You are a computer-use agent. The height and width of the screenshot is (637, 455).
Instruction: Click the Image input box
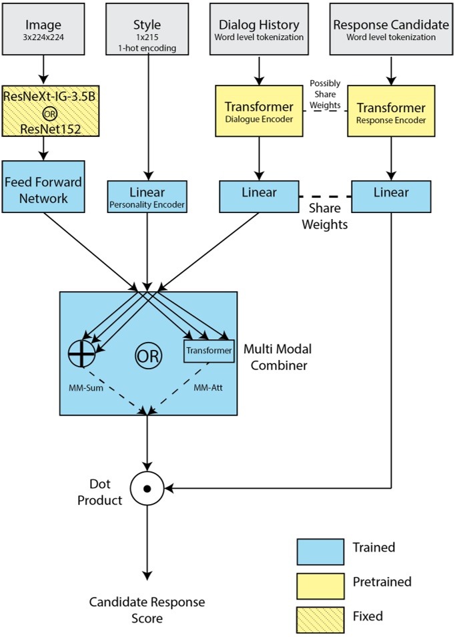(43, 31)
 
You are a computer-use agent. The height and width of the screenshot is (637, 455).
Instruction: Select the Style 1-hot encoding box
(147, 31)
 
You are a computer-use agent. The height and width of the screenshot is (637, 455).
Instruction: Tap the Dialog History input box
(259, 31)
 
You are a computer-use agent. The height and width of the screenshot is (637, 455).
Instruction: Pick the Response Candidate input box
(390, 31)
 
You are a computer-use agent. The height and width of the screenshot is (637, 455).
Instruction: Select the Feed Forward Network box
(43, 190)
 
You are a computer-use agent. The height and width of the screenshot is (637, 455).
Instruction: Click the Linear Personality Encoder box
(147, 196)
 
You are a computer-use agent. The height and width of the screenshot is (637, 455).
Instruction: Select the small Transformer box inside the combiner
(209, 351)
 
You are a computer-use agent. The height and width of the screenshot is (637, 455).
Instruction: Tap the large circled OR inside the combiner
(148, 356)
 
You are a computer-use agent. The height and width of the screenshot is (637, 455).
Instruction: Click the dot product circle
(147, 489)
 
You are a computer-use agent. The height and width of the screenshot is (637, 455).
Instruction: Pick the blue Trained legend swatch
(320, 552)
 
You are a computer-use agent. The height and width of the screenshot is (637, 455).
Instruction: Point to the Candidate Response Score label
(147, 610)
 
